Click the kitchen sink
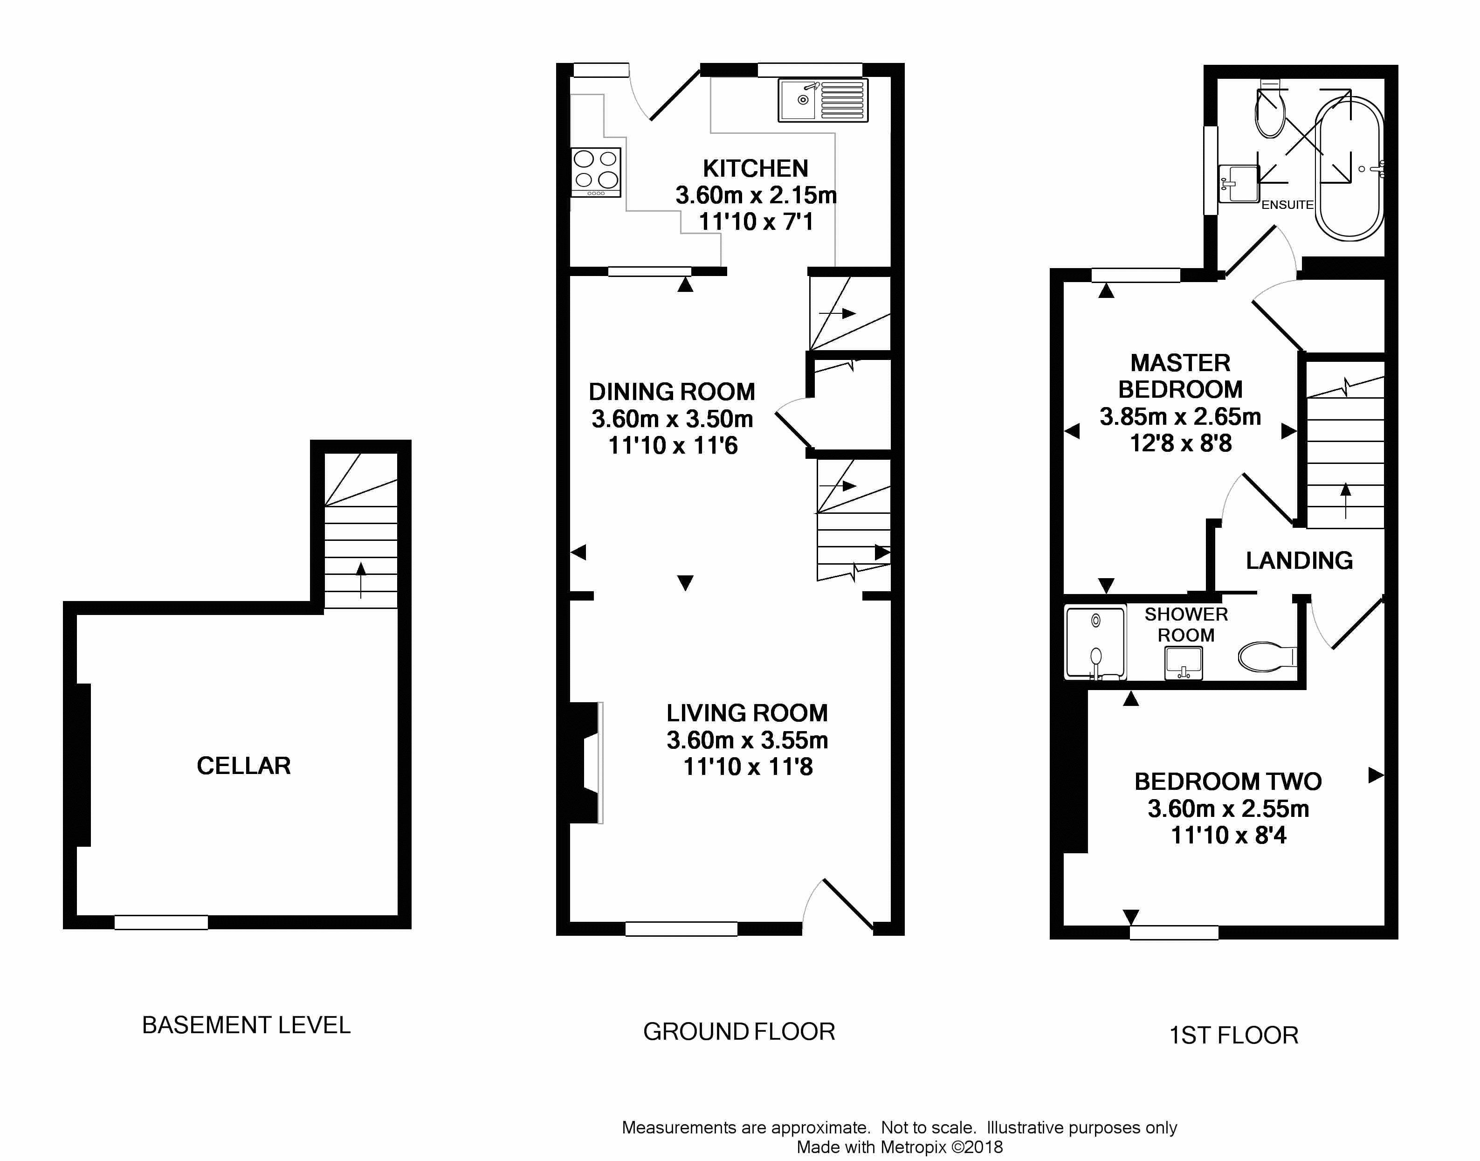[x=823, y=101]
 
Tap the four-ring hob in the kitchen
[x=596, y=173]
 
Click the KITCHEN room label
[x=756, y=168]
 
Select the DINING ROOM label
[x=671, y=392]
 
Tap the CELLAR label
[x=243, y=766]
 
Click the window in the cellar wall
[x=161, y=922]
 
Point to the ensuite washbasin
[x=1238, y=184]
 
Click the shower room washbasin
[x=1184, y=663]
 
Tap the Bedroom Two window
[x=1174, y=933]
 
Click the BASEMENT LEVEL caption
[x=246, y=1025]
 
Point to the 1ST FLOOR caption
[x=1233, y=1035]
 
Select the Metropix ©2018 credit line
[x=900, y=1147]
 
